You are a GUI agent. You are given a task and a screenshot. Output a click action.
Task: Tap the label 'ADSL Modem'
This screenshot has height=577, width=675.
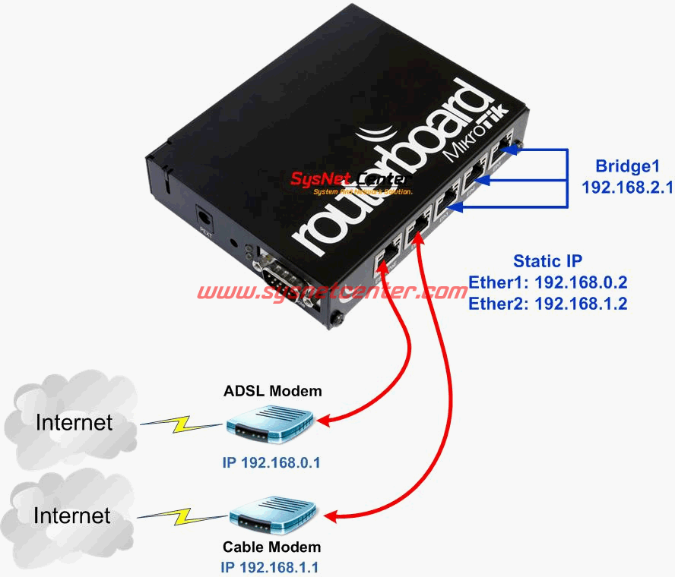[273, 392]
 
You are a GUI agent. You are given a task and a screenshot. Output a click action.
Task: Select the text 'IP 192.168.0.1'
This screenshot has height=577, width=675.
[271, 462]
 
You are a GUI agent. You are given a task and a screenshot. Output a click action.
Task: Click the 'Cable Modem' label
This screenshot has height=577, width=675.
[271, 547]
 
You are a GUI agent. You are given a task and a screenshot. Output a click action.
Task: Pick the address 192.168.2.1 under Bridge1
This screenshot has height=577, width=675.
[627, 187]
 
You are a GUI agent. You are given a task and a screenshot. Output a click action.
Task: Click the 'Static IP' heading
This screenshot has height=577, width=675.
[547, 261]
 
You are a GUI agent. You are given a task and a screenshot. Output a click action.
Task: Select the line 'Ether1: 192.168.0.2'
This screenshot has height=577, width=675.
[547, 282]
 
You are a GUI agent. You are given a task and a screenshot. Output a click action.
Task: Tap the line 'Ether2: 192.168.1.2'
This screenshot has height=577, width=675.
[547, 304]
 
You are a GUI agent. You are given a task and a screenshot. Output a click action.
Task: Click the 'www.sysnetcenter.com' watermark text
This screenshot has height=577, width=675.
[333, 292]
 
